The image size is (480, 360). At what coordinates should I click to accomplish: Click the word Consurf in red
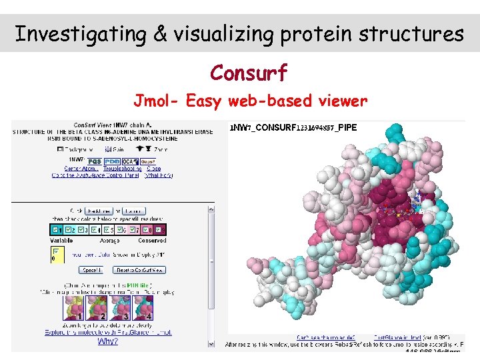pyautogui.click(x=249, y=72)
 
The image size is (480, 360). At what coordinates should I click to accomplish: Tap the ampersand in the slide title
pyautogui.click(x=160, y=33)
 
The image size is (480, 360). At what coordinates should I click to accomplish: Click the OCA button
pyautogui.click(x=128, y=161)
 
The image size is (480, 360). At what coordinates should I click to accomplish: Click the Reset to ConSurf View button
pyautogui.click(x=140, y=270)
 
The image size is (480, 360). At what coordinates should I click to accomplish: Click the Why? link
pyautogui.click(x=108, y=341)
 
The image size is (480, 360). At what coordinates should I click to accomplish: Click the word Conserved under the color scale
pyautogui.click(x=152, y=240)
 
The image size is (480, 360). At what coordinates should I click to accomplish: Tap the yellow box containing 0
pyautogui.click(x=57, y=255)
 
